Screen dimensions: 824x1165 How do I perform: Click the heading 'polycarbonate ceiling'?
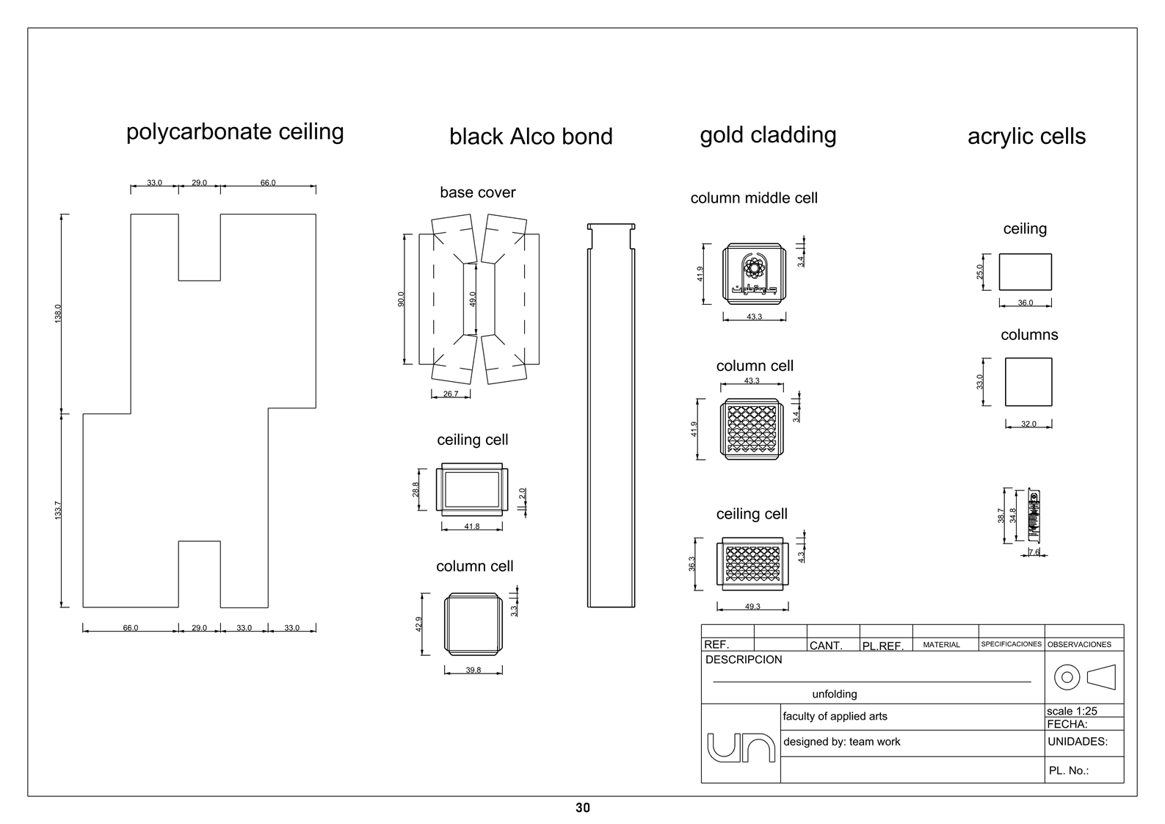[235, 131]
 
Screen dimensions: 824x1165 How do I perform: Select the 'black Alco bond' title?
[531, 137]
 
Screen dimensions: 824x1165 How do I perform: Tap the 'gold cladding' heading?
[768, 135]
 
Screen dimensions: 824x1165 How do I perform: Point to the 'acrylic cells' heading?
[1026, 137]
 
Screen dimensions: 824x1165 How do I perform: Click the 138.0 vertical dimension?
[58, 314]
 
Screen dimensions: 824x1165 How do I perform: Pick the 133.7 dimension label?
[58, 510]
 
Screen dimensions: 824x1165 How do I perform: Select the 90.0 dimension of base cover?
[401, 299]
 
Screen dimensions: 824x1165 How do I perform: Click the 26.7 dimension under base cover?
[451, 394]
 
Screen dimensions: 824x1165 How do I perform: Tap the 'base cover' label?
[478, 192]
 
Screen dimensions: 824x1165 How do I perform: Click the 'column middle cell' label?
[754, 198]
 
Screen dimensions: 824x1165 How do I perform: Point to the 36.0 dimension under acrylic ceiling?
[1026, 303]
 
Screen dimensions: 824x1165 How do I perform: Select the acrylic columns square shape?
[1028, 382]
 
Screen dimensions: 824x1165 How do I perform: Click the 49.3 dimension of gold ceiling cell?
[752, 607]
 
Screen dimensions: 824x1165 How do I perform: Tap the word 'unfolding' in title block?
[835, 694]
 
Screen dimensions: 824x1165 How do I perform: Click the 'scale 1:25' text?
[1072, 711]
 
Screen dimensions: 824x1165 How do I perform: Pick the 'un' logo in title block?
[741, 747]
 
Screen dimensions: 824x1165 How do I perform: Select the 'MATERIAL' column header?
[941, 645]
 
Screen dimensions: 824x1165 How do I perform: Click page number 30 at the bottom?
[583, 808]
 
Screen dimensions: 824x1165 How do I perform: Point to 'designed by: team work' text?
[841, 742]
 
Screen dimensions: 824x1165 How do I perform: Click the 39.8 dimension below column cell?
[473, 670]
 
